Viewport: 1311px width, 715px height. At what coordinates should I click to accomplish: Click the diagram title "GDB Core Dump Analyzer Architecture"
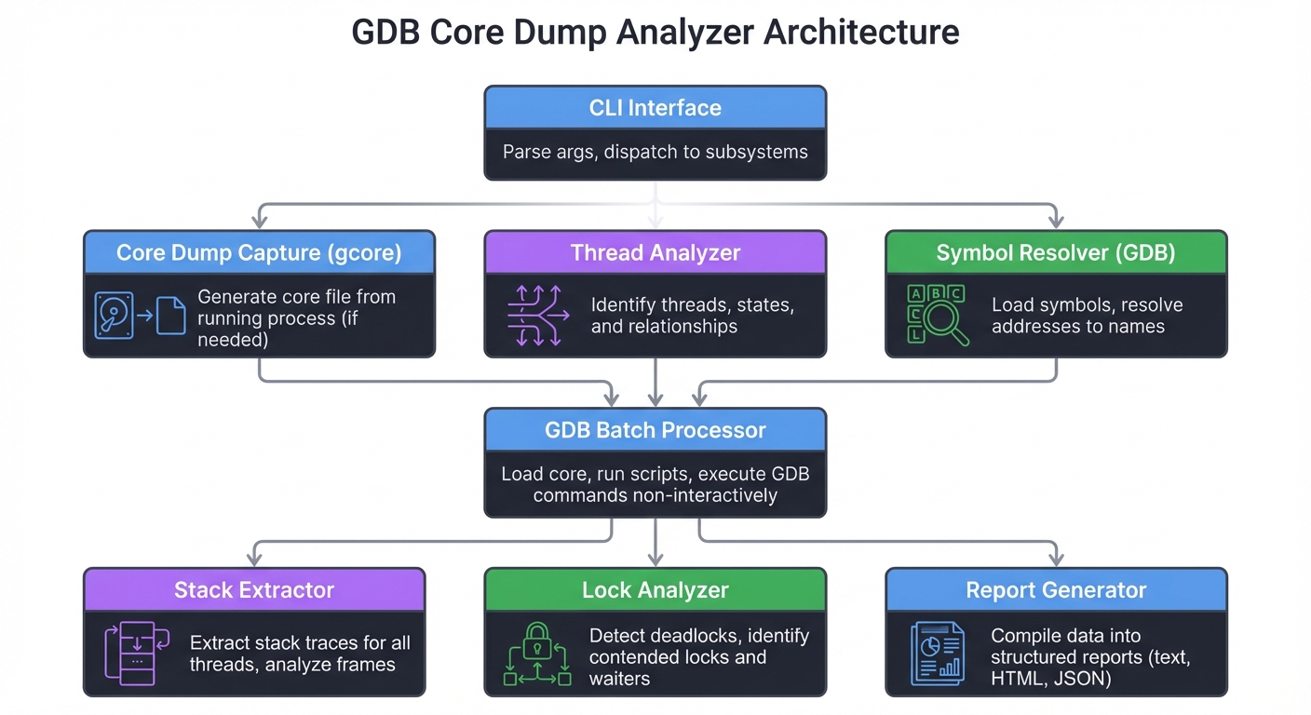coord(655,33)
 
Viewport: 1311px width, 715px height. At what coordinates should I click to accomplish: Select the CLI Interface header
coord(655,108)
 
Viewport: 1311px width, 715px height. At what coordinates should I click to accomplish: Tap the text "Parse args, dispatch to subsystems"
coord(655,152)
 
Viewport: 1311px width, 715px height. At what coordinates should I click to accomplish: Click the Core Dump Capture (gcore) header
coord(259,253)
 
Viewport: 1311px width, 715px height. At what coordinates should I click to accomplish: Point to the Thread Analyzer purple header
coord(655,253)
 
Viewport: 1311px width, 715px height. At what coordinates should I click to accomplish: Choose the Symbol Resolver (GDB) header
coord(1055,253)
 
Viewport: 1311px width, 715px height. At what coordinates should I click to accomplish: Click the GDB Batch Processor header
coord(655,430)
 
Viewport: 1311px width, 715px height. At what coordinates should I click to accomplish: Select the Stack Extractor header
coord(253,590)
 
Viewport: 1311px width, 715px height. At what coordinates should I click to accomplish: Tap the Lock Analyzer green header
coord(655,590)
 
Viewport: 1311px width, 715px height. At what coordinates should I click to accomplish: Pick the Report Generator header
coord(1055,590)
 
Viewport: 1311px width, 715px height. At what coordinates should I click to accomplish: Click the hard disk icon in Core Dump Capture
coord(115,315)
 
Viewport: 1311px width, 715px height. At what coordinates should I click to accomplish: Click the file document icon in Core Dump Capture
coord(170,315)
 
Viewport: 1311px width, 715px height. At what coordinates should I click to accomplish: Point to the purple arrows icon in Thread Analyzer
coord(537,316)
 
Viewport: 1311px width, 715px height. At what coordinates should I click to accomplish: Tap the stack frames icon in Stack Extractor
coord(136,654)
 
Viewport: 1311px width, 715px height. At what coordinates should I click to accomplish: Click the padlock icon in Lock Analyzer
coord(537,642)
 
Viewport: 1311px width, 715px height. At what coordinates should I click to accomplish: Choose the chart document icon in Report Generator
coord(936,654)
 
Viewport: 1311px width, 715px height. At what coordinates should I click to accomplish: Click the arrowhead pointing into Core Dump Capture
coord(260,222)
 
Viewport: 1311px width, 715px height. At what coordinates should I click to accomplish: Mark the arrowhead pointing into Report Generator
coord(1055,559)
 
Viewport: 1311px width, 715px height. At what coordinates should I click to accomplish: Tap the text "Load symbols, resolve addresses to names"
coord(1077,316)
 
